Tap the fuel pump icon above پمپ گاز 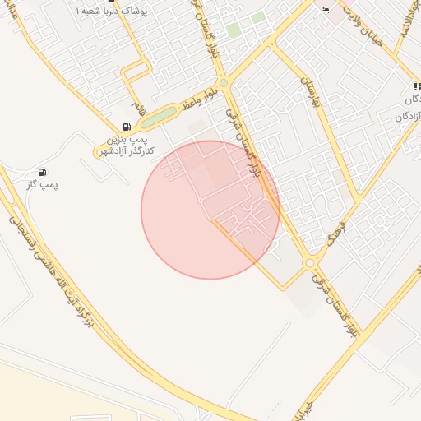coord(41,172)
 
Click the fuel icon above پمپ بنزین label coord(126,127)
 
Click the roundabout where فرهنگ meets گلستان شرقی coord(309,263)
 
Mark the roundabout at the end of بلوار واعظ coord(223,82)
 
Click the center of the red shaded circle coord(210,210)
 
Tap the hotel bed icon coord(325,10)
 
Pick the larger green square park coord(234,30)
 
